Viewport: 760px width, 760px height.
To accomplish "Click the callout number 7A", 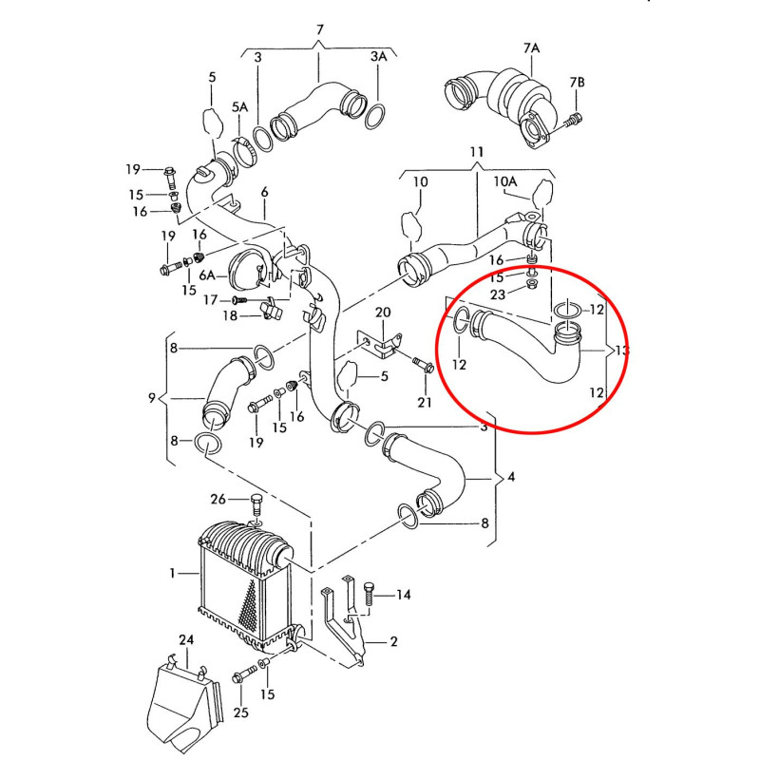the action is (x=531, y=48).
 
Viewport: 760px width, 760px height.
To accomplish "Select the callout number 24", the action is (x=186, y=639).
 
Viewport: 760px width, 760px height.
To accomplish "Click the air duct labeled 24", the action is (x=184, y=703).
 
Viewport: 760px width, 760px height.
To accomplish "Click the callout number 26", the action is (x=218, y=499).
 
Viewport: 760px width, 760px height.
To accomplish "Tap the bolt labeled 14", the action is (x=368, y=594).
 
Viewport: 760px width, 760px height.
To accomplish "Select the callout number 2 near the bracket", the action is (x=393, y=642).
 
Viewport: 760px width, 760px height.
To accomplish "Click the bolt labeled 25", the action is (x=245, y=674).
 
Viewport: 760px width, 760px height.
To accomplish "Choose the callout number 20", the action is (x=383, y=313).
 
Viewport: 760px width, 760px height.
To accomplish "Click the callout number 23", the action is (x=498, y=294).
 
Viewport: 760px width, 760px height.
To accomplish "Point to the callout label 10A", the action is (x=505, y=181).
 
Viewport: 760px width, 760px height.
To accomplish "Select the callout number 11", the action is (x=477, y=152).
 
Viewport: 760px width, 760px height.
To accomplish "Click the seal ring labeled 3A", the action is (x=375, y=116).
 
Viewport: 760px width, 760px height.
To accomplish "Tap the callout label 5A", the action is (x=240, y=106).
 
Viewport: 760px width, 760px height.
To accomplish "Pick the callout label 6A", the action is (x=207, y=275).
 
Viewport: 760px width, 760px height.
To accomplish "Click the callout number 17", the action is (x=210, y=300).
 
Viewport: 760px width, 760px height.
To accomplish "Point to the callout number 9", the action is (x=152, y=398).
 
